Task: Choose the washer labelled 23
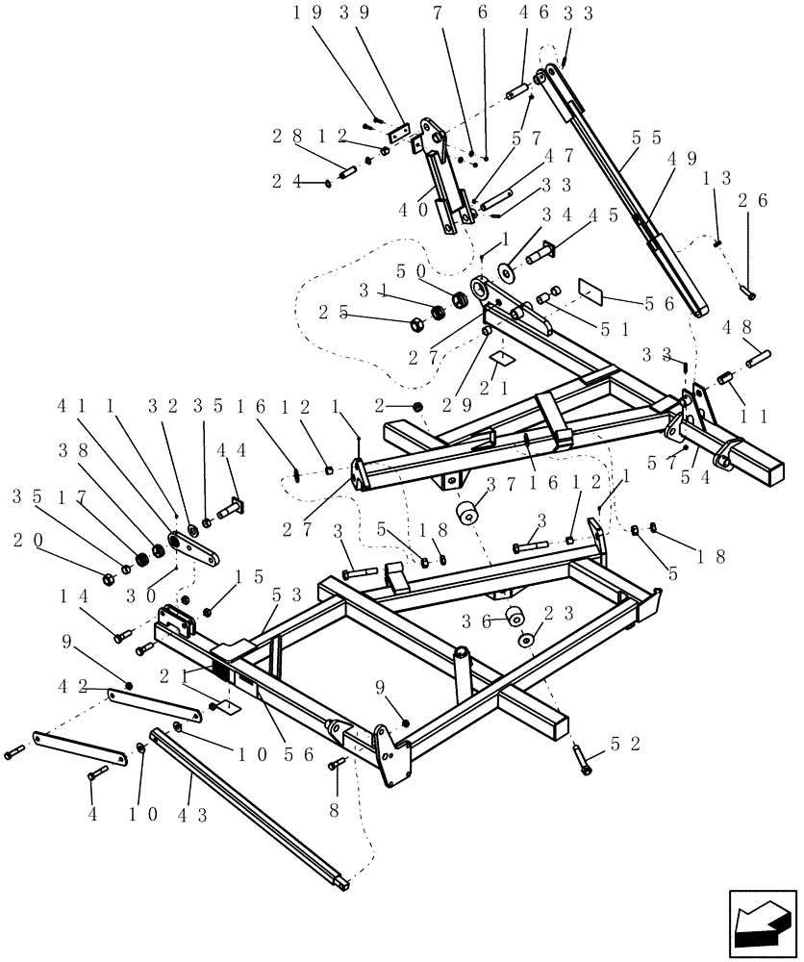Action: [528, 640]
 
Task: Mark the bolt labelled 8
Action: [338, 764]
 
